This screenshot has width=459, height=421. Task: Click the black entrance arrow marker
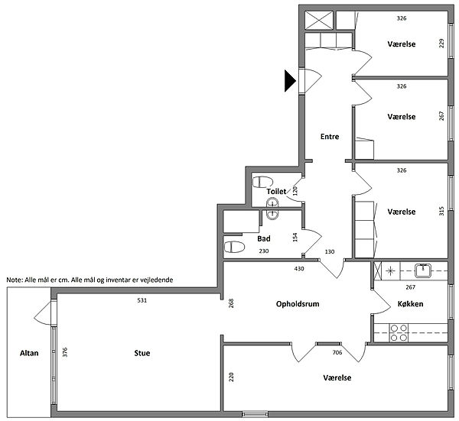pos(290,81)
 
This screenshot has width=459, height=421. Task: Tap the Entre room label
pos(330,137)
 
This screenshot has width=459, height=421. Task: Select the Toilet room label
pos(276,192)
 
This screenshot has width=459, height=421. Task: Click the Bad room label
pos(264,238)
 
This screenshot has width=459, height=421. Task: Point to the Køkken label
pos(410,304)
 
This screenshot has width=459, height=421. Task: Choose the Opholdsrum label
pos(298,304)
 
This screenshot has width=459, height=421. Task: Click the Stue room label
pos(142,353)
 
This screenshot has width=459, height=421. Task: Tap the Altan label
pos(29,353)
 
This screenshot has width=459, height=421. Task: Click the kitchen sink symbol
pos(422,270)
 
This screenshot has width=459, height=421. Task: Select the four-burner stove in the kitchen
pos(399,332)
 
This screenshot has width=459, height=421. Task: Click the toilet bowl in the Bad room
pos(234,247)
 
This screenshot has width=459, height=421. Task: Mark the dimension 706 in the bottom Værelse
pos(337,352)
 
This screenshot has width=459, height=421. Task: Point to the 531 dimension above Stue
pos(142,300)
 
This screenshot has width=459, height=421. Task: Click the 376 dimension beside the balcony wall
pos(65,352)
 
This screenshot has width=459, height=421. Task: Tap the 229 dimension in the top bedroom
pos(441,44)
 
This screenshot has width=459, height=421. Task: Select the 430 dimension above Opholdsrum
pos(299,268)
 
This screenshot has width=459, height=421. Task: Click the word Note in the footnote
pos(14,280)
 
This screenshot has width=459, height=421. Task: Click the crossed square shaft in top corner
pos(319,20)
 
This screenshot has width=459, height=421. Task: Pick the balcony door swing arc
pos(41,313)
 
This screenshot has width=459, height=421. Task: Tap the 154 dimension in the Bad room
pos(295,237)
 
